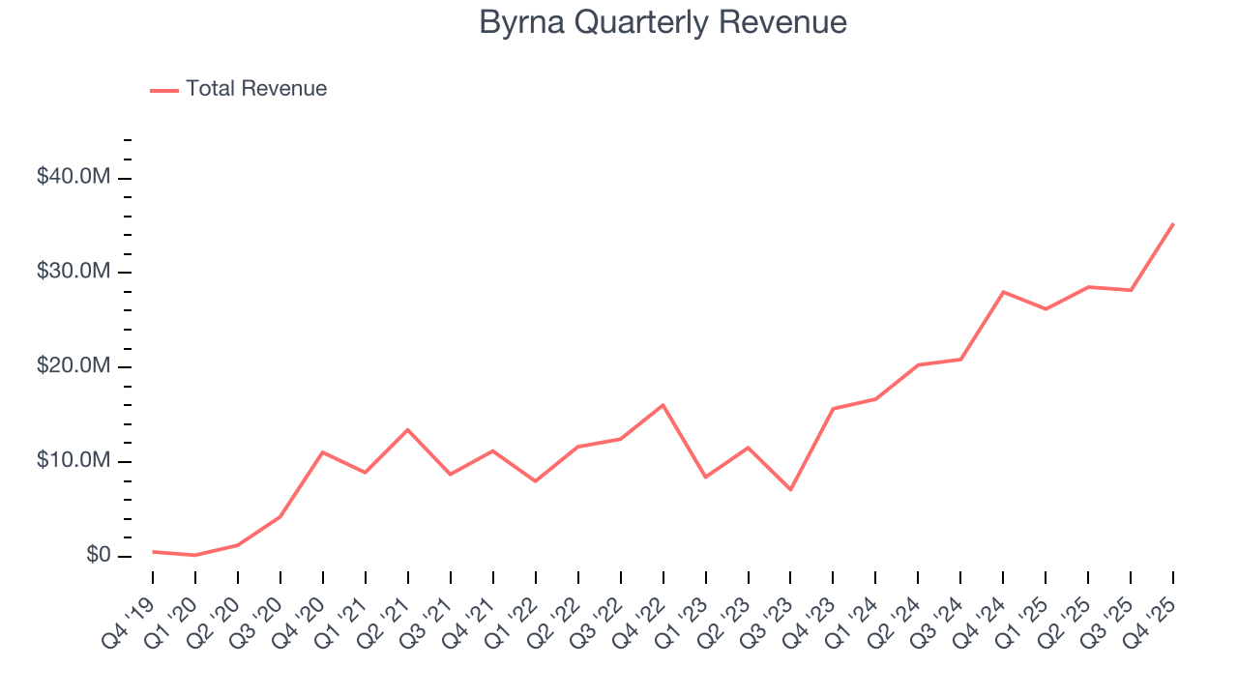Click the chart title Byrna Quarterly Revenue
(663, 22)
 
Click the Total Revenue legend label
(256, 89)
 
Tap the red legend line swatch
(164, 90)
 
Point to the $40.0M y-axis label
(74, 178)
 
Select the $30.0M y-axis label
(74, 273)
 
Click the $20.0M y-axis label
(74, 367)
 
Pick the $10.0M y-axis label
(74, 462)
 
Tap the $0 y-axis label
(99, 556)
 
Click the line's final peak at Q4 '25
(1173, 223)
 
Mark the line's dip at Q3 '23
(790, 490)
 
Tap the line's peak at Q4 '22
(663, 404)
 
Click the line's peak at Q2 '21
(407, 429)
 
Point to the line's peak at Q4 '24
(1003, 291)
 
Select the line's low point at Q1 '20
(195, 555)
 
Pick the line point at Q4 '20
(322, 451)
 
